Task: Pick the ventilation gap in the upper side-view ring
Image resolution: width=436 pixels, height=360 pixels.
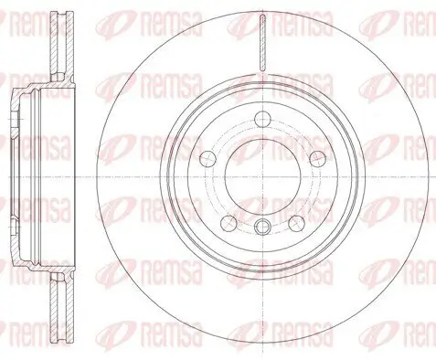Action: pos(61,46)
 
